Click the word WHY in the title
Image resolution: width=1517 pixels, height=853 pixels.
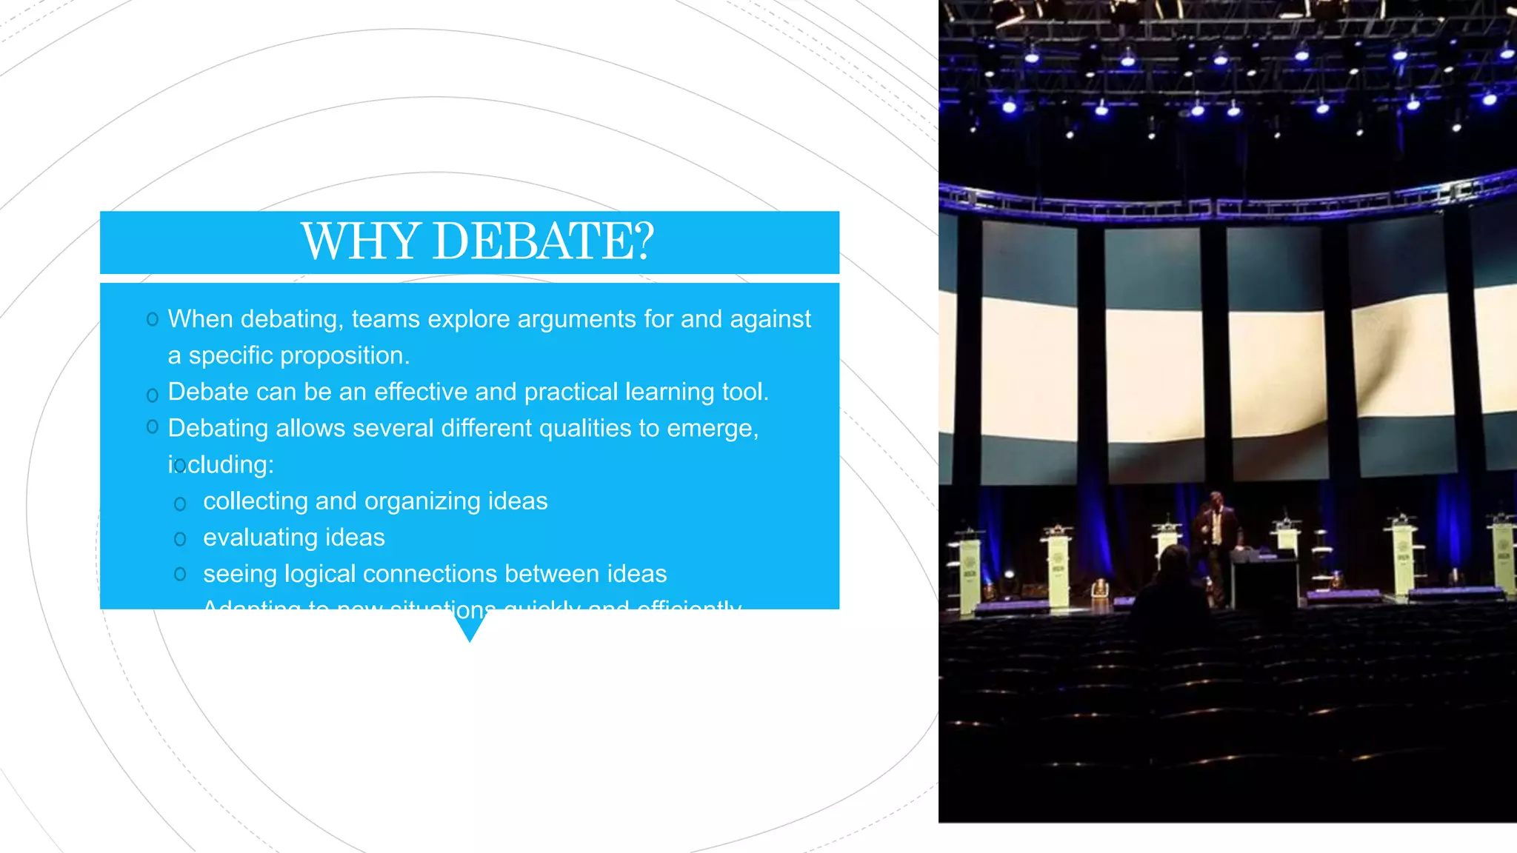[x=361, y=241]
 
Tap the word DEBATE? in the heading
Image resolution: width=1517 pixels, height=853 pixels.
[x=543, y=241]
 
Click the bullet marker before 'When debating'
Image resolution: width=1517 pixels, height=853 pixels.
[x=153, y=320]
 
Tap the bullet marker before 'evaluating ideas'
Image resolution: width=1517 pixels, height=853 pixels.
[x=180, y=539]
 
